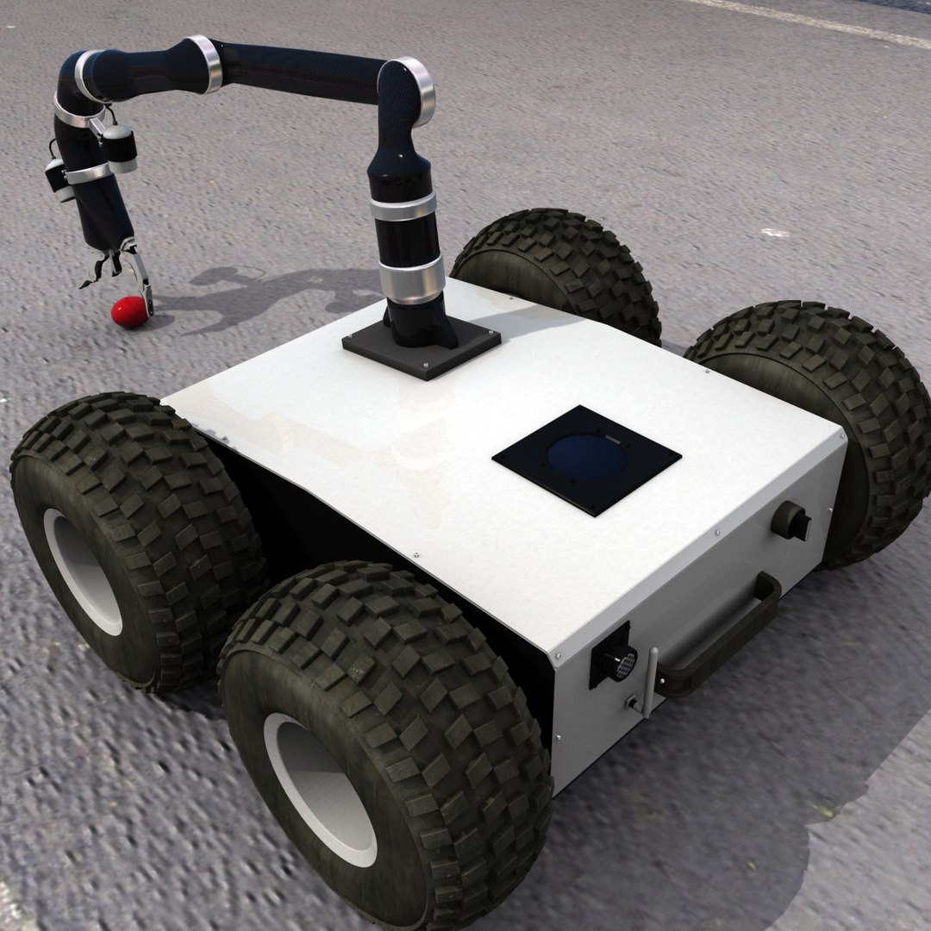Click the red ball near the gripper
[128, 312]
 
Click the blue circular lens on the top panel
[588, 459]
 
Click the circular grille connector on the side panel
[618, 662]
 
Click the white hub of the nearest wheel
[320, 789]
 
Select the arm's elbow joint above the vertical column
[405, 95]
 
